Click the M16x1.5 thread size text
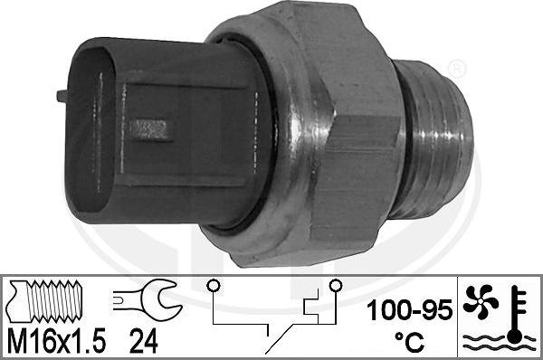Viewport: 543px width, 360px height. point(56,341)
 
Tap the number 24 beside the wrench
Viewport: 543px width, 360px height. point(144,341)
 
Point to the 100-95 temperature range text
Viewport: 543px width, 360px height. point(409,310)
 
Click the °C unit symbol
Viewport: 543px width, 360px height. point(409,341)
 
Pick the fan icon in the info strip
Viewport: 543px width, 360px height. point(481,301)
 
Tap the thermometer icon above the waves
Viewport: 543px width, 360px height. point(517,314)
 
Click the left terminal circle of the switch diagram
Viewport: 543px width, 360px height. point(214,286)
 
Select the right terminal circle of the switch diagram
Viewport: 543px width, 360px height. point(335,286)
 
